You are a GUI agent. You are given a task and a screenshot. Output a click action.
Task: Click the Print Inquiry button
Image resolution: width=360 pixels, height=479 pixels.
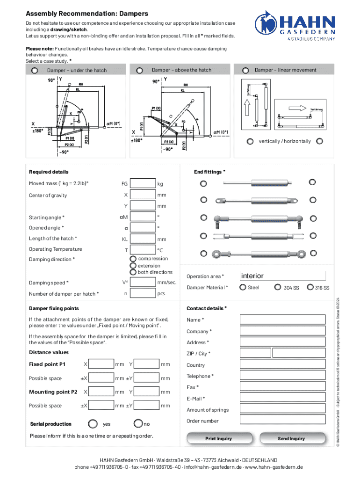coord(218,438)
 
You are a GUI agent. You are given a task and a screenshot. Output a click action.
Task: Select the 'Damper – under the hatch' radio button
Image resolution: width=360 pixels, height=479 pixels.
coord(35,71)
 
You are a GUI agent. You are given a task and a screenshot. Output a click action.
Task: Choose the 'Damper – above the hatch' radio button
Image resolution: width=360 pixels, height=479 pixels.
coord(139,71)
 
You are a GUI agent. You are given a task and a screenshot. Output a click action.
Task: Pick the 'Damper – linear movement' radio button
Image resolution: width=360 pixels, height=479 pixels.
coord(245,71)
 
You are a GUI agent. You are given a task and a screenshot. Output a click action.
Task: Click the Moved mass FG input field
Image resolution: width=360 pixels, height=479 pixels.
coord(143,183)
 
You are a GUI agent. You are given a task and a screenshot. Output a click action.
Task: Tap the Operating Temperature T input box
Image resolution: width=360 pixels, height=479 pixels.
coord(143,250)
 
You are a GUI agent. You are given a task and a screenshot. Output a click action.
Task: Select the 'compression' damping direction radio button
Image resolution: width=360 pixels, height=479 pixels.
coord(133,259)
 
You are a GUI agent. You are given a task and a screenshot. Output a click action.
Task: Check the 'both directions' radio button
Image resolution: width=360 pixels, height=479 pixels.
coord(133,272)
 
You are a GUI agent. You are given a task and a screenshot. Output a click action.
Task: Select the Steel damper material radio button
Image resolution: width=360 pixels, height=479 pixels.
coord(243,287)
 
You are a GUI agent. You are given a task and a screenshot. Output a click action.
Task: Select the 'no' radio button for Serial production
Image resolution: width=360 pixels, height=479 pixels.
coord(138,424)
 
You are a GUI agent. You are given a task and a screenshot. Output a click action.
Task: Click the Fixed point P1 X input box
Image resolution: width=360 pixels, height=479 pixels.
coord(101,364)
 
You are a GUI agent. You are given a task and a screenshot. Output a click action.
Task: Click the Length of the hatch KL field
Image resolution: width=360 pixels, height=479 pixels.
coord(143,239)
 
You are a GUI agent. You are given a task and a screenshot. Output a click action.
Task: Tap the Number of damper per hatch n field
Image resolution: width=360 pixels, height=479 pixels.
coord(143,294)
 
